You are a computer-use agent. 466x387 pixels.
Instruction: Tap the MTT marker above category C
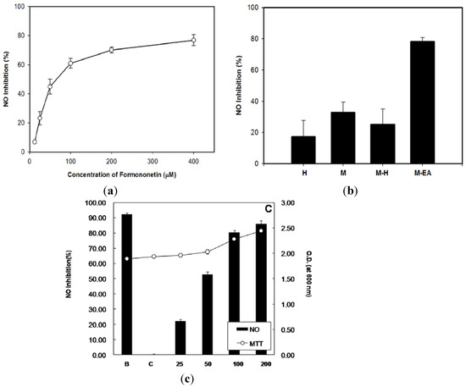tap(153, 257)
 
